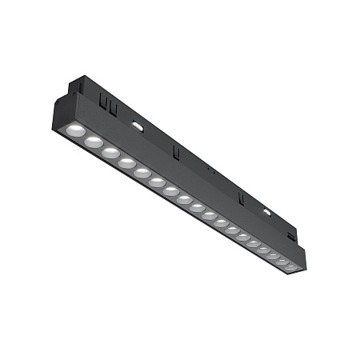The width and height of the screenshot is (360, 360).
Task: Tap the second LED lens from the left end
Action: [93, 142]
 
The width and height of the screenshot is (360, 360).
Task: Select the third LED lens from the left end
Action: [110, 152]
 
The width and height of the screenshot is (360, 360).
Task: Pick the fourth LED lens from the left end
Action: [126, 163]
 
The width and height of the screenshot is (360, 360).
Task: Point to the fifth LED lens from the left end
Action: [142, 173]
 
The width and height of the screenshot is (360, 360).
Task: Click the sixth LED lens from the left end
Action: [157, 182]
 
